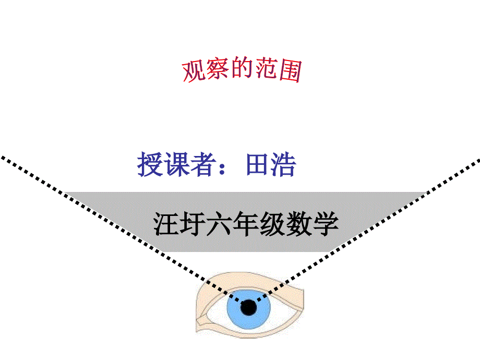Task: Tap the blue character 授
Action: (x=149, y=165)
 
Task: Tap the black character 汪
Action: (x=165, y=225)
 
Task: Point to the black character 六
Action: (x=218, y=225)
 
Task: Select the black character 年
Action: (x=245, y=225)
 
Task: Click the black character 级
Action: (x=272, y=225)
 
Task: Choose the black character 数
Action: (x=298, y=225)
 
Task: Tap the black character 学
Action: (x=325, y=225)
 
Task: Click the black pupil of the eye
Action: (x=249, y=308)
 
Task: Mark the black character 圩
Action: (x=191, y=225)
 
